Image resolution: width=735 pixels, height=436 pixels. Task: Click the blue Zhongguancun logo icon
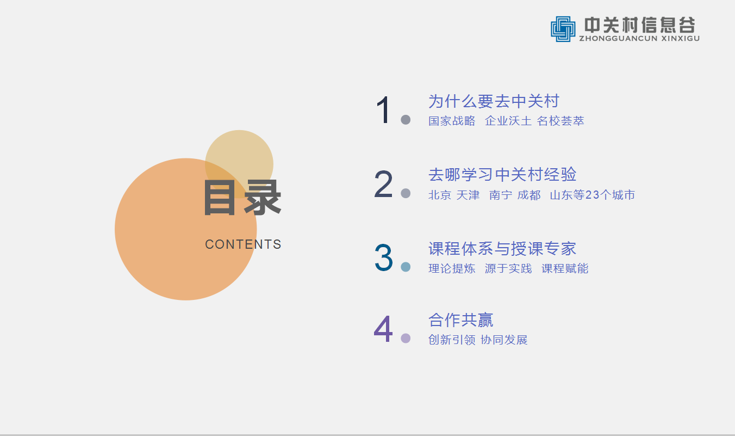(x=563, y=29)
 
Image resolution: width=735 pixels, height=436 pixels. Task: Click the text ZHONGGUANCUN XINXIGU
(x=639, y=39)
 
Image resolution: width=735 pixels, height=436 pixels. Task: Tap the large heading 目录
(x=242, y=198)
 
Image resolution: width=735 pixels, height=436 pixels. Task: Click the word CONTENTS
(x=243, y=244)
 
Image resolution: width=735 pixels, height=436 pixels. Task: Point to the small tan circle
(x=239, y=164)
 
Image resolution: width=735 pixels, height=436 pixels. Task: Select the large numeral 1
(x=383, y=110)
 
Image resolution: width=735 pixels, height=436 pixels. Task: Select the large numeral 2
(x=383, y=183)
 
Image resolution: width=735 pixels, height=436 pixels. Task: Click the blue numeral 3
(x=384, y=257)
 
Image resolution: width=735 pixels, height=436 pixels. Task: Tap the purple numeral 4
(x=383, y=329)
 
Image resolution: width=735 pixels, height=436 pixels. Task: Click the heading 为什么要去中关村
(x=494, y=101)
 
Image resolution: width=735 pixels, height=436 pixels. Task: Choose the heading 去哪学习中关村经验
(x=502, y=175)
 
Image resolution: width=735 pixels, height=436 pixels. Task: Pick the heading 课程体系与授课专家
(x=502, y=248)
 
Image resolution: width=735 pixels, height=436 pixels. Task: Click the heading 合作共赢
(x=460, y=320)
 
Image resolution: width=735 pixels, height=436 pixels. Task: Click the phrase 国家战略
(x=452, y=121)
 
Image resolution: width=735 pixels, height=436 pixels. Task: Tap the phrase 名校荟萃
(x=560, y=121)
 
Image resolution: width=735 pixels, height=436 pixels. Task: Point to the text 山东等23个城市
(x=592, y=195)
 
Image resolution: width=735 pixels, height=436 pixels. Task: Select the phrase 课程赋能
(x=565, y=268)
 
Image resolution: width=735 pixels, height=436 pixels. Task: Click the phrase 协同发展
(x=504, y=340)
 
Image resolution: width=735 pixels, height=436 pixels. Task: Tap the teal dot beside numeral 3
(x=406, y=267)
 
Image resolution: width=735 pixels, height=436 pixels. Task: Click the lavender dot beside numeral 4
(x=406, y=338)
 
